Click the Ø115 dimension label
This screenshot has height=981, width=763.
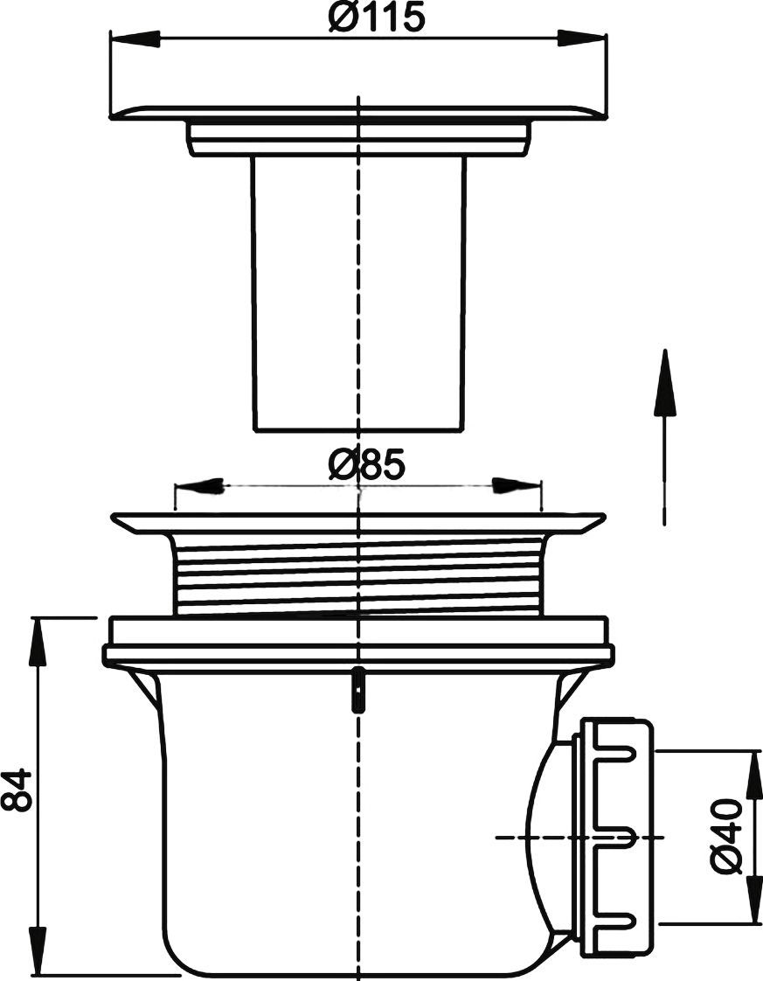click(x=377, y=17)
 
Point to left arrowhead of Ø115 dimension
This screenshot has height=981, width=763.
click(x=135, y=38)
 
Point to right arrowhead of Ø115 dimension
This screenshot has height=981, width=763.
click(x=581, y=38)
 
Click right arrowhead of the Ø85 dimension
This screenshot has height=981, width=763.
click(x=517, y=486)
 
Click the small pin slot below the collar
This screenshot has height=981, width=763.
click(x=357, y=689)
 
